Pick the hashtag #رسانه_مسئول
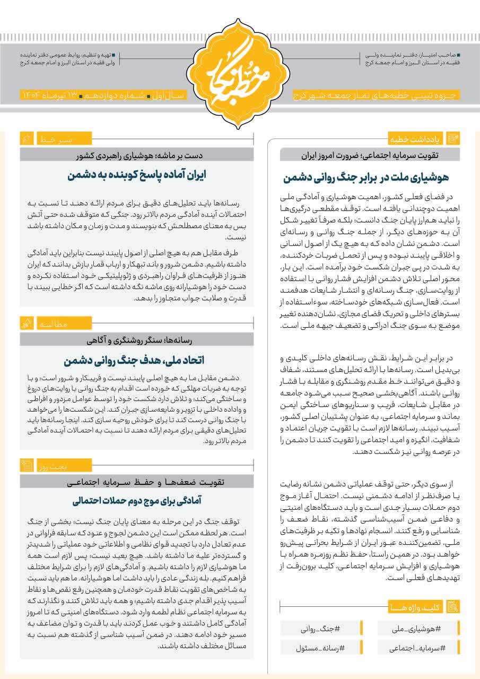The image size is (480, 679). coord(321,648)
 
